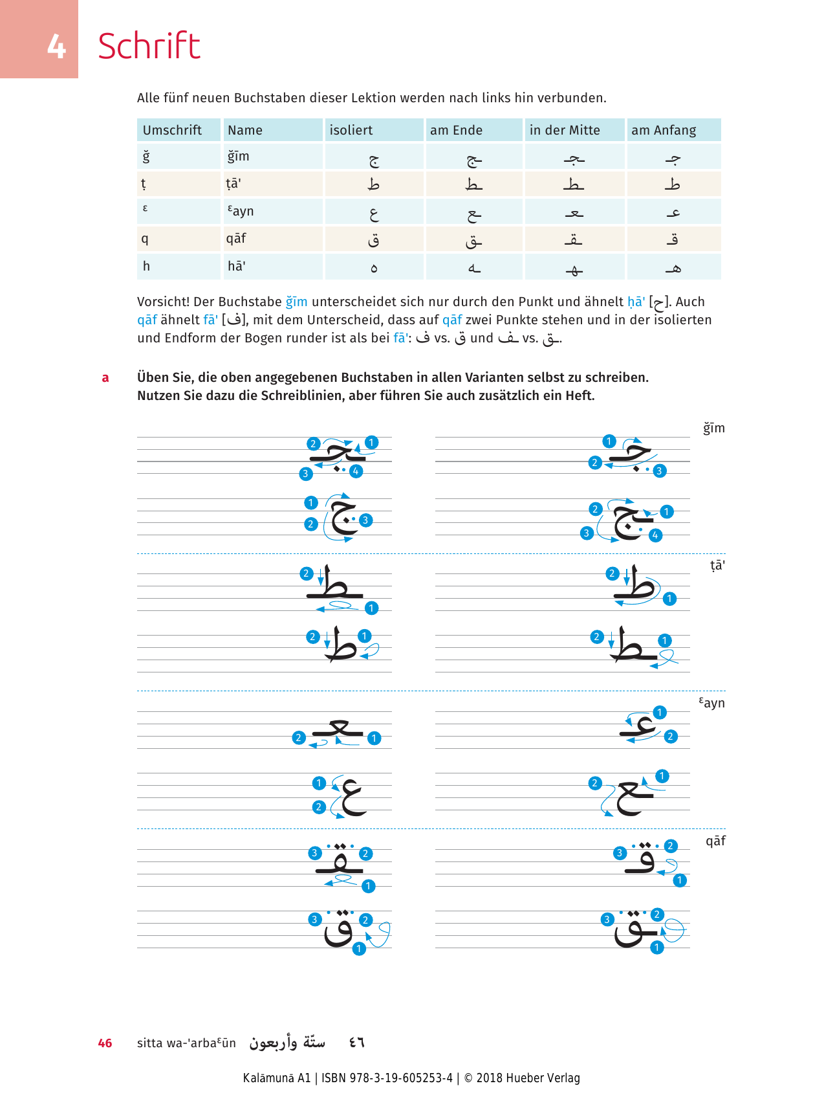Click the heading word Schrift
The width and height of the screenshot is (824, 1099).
click(149, 46)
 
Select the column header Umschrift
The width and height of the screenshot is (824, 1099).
click(172, 130)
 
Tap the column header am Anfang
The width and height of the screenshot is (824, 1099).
click(664, 130)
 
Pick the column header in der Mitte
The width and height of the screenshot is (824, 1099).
click(565, 130)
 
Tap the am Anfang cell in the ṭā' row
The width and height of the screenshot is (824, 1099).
click(673, 185)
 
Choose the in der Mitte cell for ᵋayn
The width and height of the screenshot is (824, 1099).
click(574, 212)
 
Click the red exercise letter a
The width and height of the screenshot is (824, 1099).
click(105, 378)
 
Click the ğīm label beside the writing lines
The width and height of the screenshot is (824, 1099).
click(714, 428)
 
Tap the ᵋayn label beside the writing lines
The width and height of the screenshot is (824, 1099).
click(712, 703)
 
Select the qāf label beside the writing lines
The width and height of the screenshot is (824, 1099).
click(715, 841)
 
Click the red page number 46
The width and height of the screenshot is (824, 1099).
click(105, 1043)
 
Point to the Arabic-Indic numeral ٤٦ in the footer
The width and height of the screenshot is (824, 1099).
click(356, 1043)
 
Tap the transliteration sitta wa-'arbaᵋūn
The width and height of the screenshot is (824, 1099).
click(186, 1043)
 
